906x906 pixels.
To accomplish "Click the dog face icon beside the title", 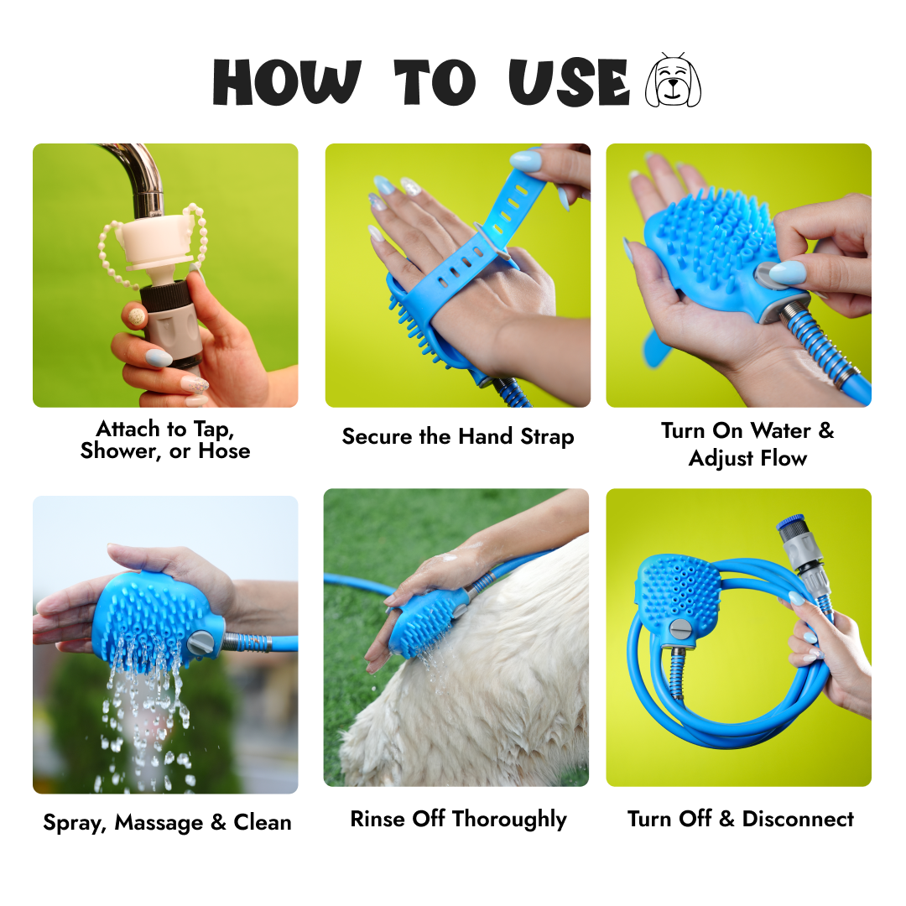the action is coord(673,80).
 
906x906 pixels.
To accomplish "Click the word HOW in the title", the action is coord(287,82).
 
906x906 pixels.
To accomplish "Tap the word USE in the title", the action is coord(569,82).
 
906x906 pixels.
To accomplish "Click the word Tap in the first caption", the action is coord(214,430).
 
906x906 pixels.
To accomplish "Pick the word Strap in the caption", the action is coord(547,437).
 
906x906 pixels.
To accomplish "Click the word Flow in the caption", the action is coord(784,458).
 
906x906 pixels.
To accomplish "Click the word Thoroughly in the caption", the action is coord(509,820).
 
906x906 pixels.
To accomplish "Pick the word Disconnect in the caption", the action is coord(798,819).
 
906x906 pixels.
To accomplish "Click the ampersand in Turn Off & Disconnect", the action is coord(726,819).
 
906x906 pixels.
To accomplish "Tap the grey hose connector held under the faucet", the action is coord(172,324).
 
